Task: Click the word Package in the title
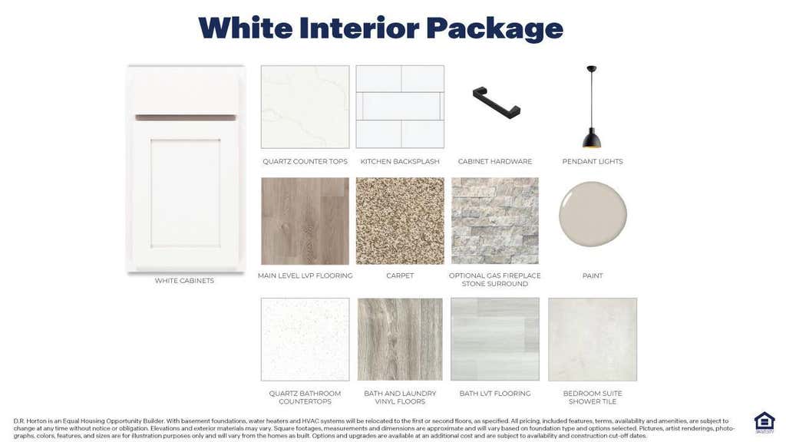tap(494, 28)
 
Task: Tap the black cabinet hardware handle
tap(497, 103)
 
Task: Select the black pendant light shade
tap(592, 138)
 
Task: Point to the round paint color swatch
tap(593, 214)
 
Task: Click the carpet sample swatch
tap(400, 221)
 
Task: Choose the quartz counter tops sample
tap(305, 107)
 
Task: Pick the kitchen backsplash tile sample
tap(400, 107)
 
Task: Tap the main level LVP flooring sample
tap(305, 221)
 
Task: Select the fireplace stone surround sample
tap(495, 221)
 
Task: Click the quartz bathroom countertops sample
tap(305, 339)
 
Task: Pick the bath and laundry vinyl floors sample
tap(400, 339)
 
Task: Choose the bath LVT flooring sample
tap(495, 339)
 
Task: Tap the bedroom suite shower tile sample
tap(593, 339)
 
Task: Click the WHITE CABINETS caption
tap(184, 281)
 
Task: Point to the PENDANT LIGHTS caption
tap(593, 161)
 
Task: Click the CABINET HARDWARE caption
tap(495, 161)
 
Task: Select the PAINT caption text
tap(593, 275)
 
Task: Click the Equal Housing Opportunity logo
tap(765, 422)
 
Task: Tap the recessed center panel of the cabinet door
tap(186, 193)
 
